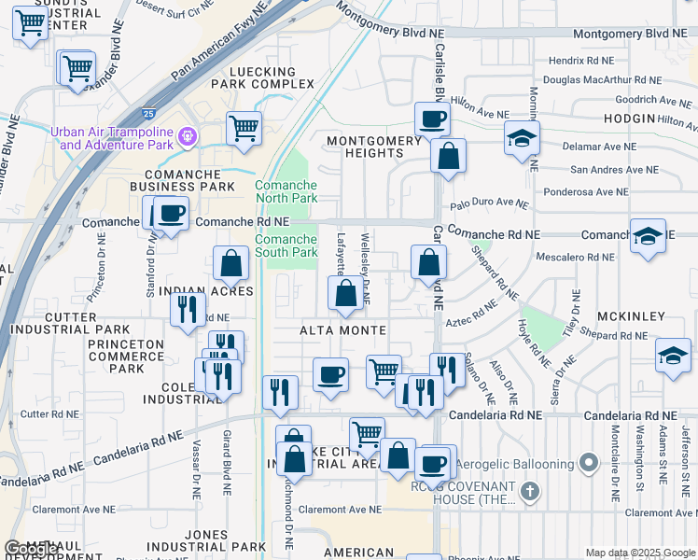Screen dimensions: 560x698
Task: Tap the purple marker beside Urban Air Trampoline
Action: (x=188, y=137)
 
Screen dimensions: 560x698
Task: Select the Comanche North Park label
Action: (x=286, y=191)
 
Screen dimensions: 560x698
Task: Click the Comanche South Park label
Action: (x=286, y=246)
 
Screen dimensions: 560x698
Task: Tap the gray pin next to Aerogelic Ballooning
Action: (x=588, y=463)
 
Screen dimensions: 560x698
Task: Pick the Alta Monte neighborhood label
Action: (x=342, y=331)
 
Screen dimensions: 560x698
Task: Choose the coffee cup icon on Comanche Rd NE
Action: (x=171, y=214)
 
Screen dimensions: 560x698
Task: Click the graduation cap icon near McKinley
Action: (x=673, y=356)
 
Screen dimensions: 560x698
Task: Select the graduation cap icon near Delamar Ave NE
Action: (x=522, y=139)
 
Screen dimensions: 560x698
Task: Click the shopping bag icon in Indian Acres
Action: (x=230, y=265)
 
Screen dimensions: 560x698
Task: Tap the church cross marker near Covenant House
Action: (x=528, y=490)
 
